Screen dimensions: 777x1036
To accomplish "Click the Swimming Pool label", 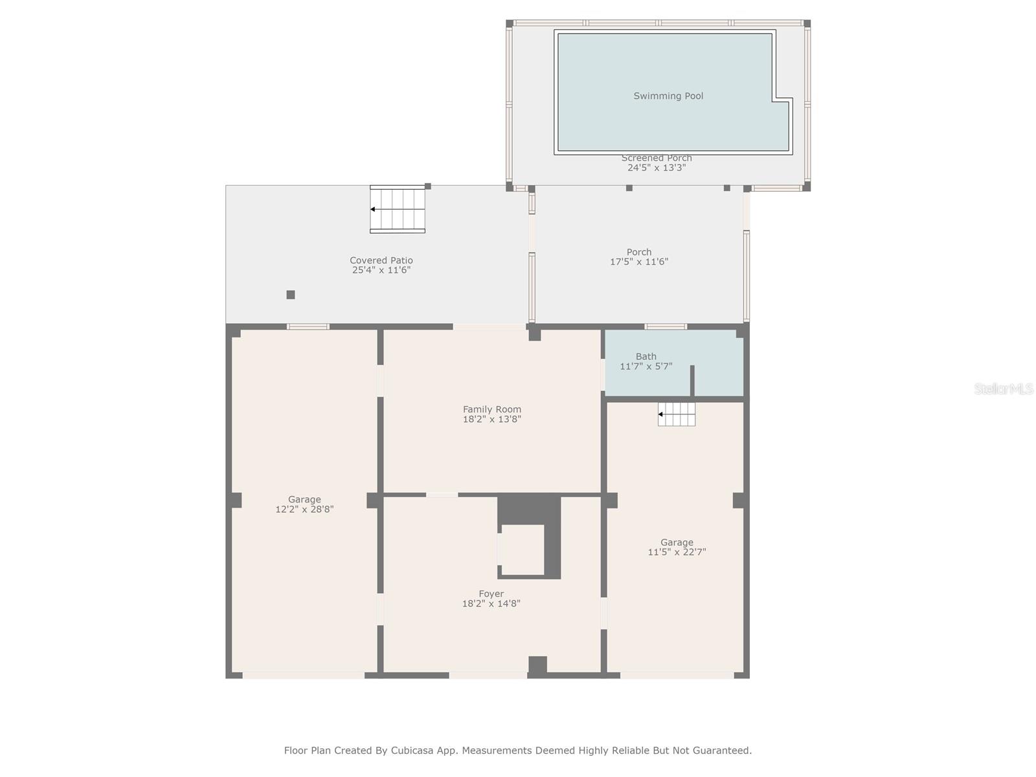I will tap(668, 96).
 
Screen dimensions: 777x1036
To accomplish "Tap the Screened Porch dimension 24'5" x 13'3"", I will tap(657, 168).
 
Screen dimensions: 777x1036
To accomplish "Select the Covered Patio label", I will tap(381, 260).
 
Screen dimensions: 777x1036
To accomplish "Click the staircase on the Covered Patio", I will tap(398, 209).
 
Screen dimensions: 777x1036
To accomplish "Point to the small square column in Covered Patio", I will tap(291, 295).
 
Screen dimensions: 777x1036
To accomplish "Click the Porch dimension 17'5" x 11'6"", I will tap(639, 262).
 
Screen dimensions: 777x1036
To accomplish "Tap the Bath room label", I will tap(646, 356).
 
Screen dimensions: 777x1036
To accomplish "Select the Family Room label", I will tap(492, 409).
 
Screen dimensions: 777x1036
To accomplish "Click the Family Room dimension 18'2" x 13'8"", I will tap(492, 420).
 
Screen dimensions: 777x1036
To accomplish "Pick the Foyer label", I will tap(491, 594).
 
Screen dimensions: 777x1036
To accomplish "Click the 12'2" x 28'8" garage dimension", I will tap(304, 510).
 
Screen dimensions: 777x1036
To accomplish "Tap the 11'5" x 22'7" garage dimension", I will tap(677, 552).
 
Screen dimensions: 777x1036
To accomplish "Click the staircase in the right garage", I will tap(677, 414).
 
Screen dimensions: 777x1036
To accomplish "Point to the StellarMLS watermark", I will tap(1004, 388).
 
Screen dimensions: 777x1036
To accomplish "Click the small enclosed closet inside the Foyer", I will tap(522, 549).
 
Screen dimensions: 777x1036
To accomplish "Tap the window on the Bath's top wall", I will tap(666, 326).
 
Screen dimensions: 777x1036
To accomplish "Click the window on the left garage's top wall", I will tap(308, 326).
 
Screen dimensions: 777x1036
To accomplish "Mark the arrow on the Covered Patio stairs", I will tap(373, 209).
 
